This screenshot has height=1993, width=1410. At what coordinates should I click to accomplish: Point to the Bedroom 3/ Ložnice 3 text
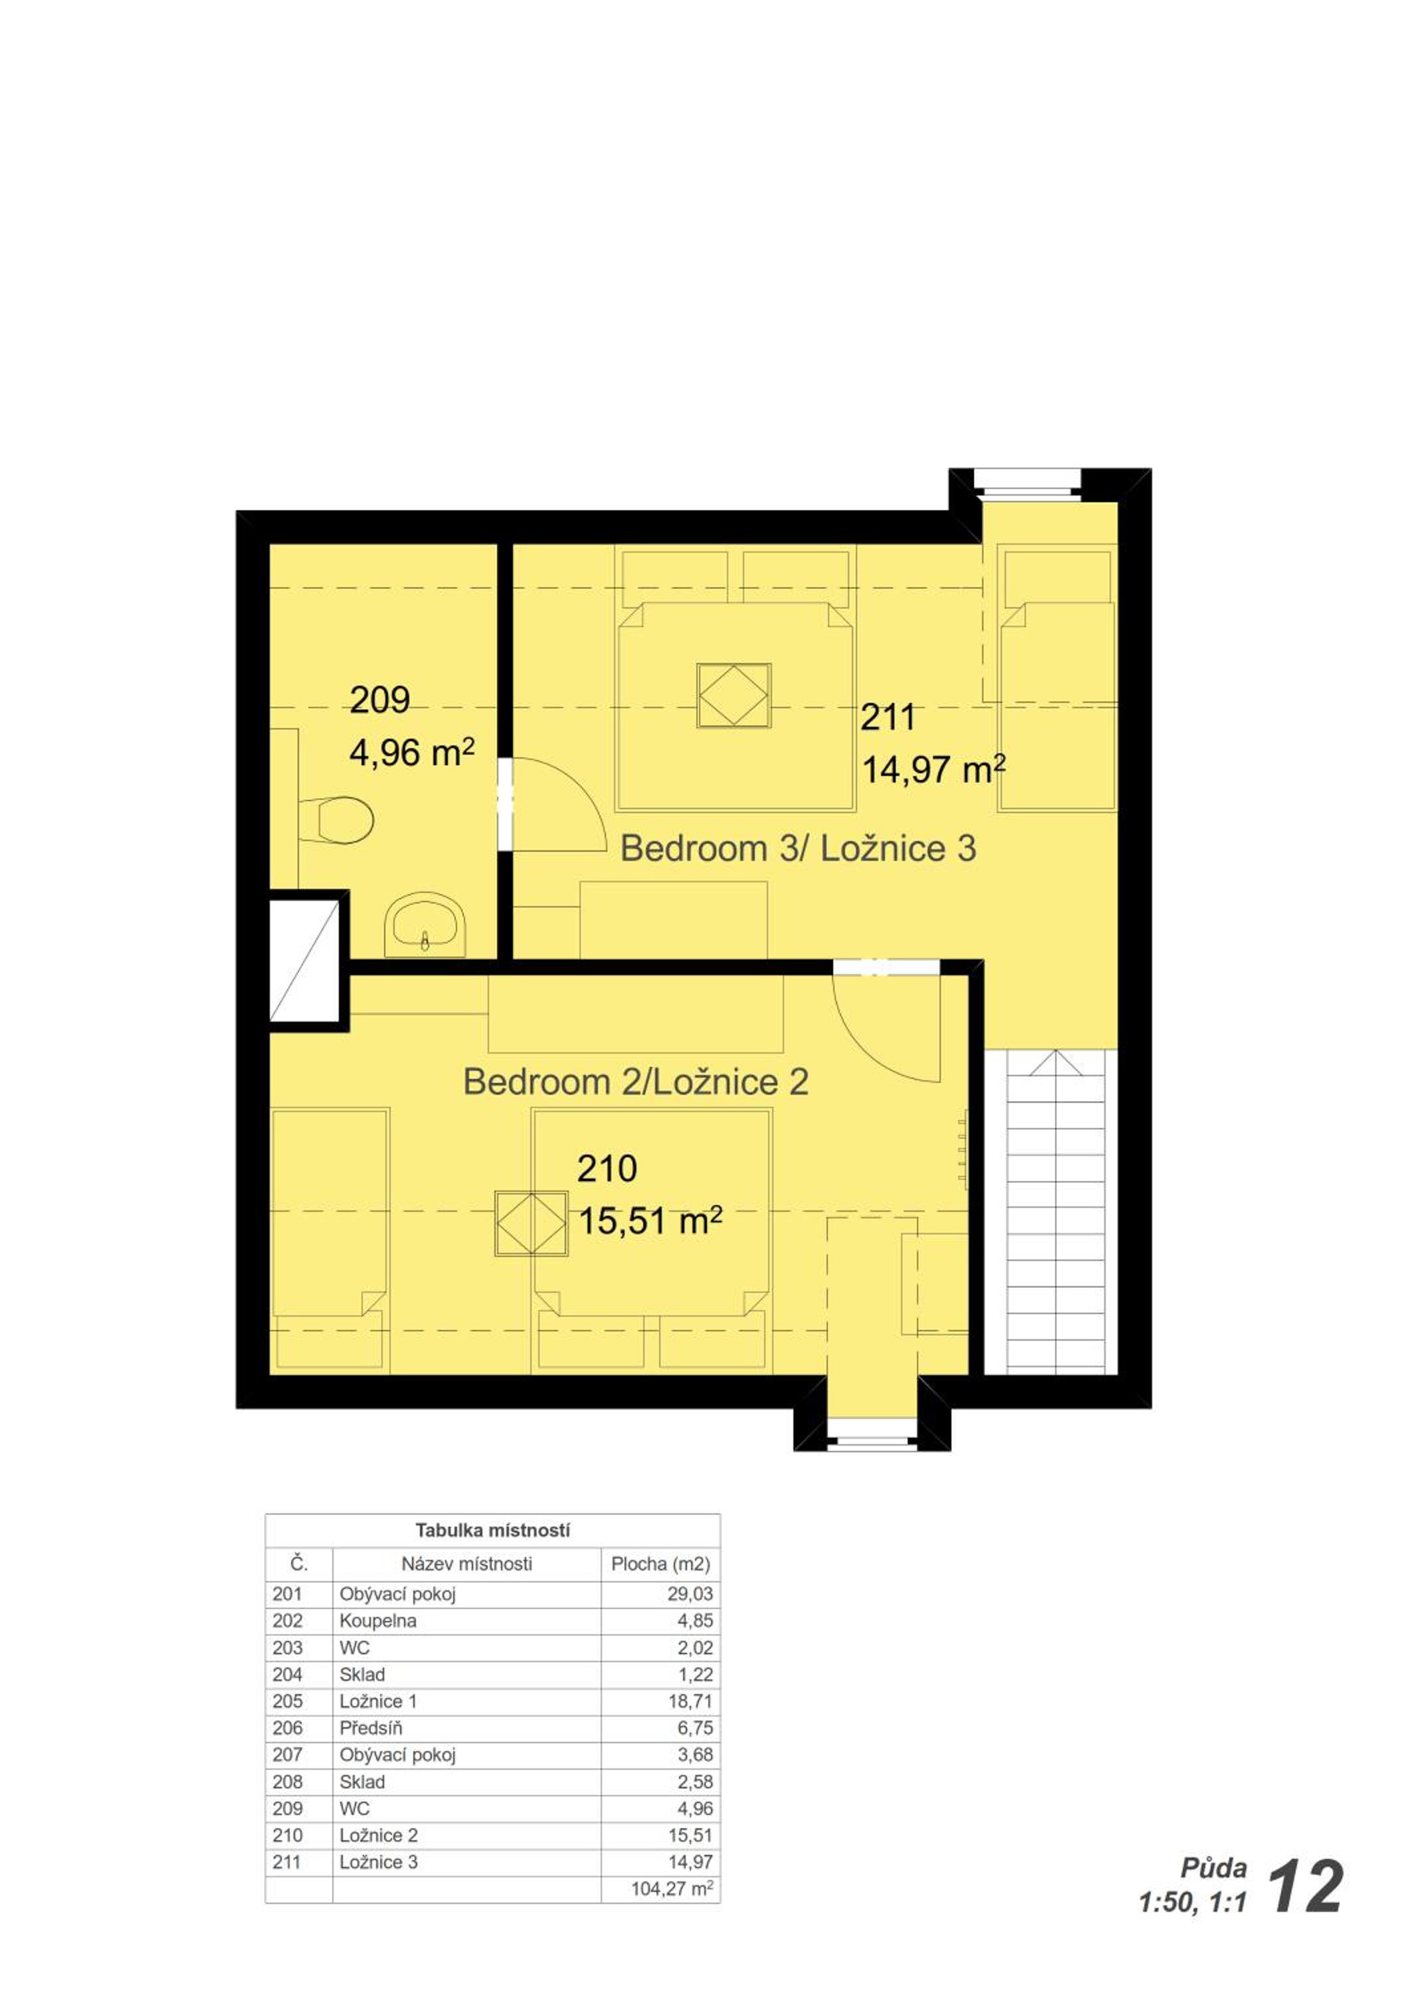tap(798, 848)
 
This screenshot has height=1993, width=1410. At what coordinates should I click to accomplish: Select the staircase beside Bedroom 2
tap(1055, 1212)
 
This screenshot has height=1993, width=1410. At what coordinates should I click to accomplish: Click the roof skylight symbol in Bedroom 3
tap(734, 696)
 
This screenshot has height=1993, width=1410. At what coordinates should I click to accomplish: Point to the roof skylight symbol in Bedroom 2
tap(530, 1223)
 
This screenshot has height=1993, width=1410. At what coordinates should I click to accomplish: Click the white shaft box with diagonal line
tap(304, 961)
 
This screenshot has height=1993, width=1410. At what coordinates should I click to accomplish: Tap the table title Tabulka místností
tap(492, 1531)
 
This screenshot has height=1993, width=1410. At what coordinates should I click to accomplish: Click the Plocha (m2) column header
tap(660, 1565)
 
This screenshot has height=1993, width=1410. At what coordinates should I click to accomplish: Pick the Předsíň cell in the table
tap(371, 1727)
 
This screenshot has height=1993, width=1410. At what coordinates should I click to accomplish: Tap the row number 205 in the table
tap(288, 1701)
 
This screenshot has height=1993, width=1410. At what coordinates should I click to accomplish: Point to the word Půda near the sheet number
tap(1214, 1868)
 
